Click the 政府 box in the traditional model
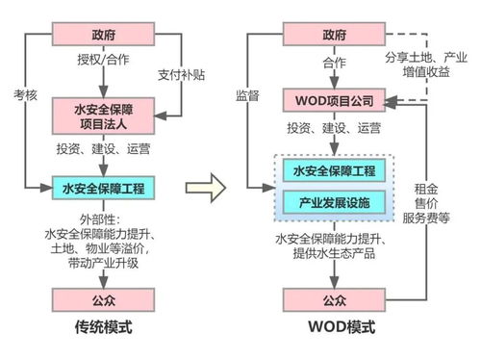coord(103,34)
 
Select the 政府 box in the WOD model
coord(332,34)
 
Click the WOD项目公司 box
coord(332,98)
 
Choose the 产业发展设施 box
coord(332,202)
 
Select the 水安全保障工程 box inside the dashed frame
coord(332,171)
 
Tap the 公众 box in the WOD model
coord(332,298)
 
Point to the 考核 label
coord(26,96)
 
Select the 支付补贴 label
coord(180,75)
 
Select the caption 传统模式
coord(103,329)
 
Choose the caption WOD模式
coord(332,329)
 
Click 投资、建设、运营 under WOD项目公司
coord(332,127)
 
